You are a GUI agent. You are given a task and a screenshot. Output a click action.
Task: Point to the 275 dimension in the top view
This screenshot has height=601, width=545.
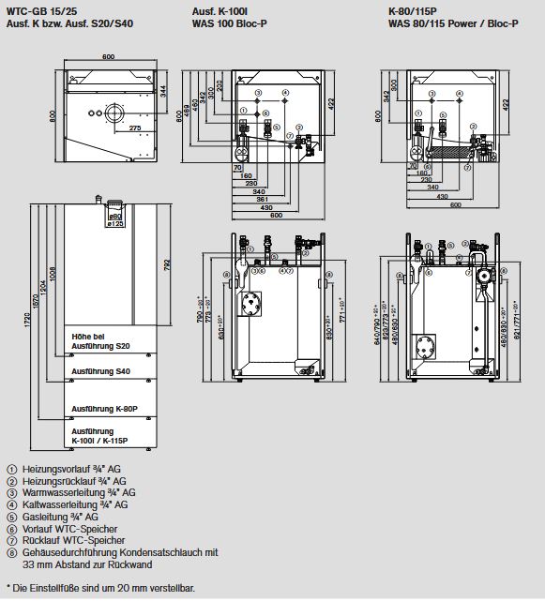click(134, 128)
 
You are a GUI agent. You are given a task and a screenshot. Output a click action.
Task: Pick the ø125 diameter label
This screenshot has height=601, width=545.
click(117, 222)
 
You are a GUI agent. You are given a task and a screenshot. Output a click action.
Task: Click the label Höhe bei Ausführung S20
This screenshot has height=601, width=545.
click(100, 340)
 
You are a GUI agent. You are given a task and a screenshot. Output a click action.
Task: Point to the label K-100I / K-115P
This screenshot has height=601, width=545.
click(102, 441)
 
